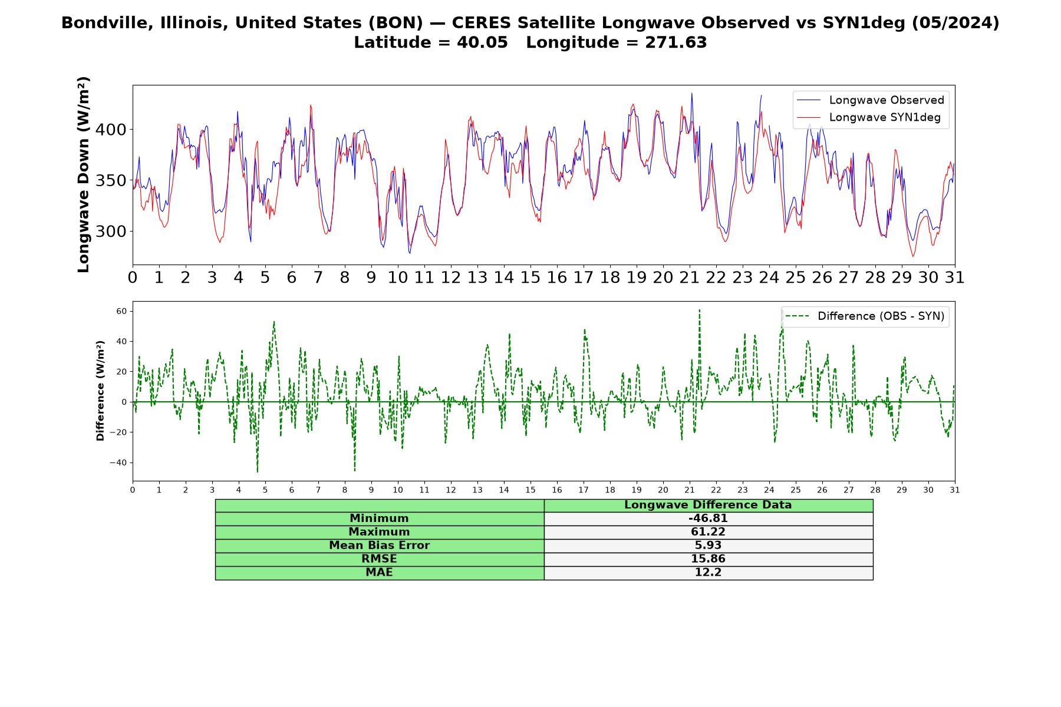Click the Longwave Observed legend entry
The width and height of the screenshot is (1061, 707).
870,100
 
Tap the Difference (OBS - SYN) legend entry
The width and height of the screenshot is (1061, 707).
865,316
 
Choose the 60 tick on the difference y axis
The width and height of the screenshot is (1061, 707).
121,311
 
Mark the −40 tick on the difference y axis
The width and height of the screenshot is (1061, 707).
118,462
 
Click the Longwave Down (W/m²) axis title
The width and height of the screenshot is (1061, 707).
83,174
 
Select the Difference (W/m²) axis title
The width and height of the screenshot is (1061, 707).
100,391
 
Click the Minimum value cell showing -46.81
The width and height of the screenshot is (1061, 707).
708,518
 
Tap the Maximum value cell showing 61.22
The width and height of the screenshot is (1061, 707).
708,532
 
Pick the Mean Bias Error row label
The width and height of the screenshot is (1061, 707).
379,546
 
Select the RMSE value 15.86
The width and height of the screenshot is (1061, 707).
708,559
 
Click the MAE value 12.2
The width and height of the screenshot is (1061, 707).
708,573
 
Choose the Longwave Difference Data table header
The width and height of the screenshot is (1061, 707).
708,505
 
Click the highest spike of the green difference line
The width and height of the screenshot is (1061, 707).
699,310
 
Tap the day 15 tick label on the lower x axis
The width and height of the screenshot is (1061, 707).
530,490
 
